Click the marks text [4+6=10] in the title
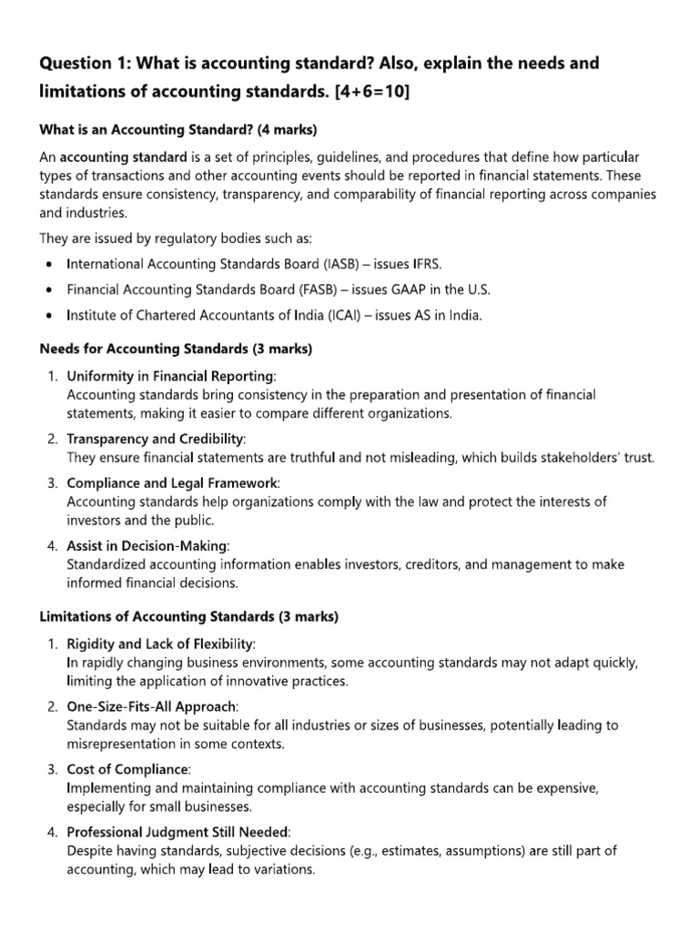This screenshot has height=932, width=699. point(360,93)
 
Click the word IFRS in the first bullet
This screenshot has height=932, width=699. point(425,264)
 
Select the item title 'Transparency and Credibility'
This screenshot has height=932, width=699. point(156,439)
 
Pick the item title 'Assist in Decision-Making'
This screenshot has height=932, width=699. point(148,545)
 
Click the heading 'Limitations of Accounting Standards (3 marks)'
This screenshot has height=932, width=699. point(188,616)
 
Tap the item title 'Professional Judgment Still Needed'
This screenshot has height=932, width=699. point(177,832)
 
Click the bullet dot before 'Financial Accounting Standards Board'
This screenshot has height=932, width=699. point(48,289)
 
